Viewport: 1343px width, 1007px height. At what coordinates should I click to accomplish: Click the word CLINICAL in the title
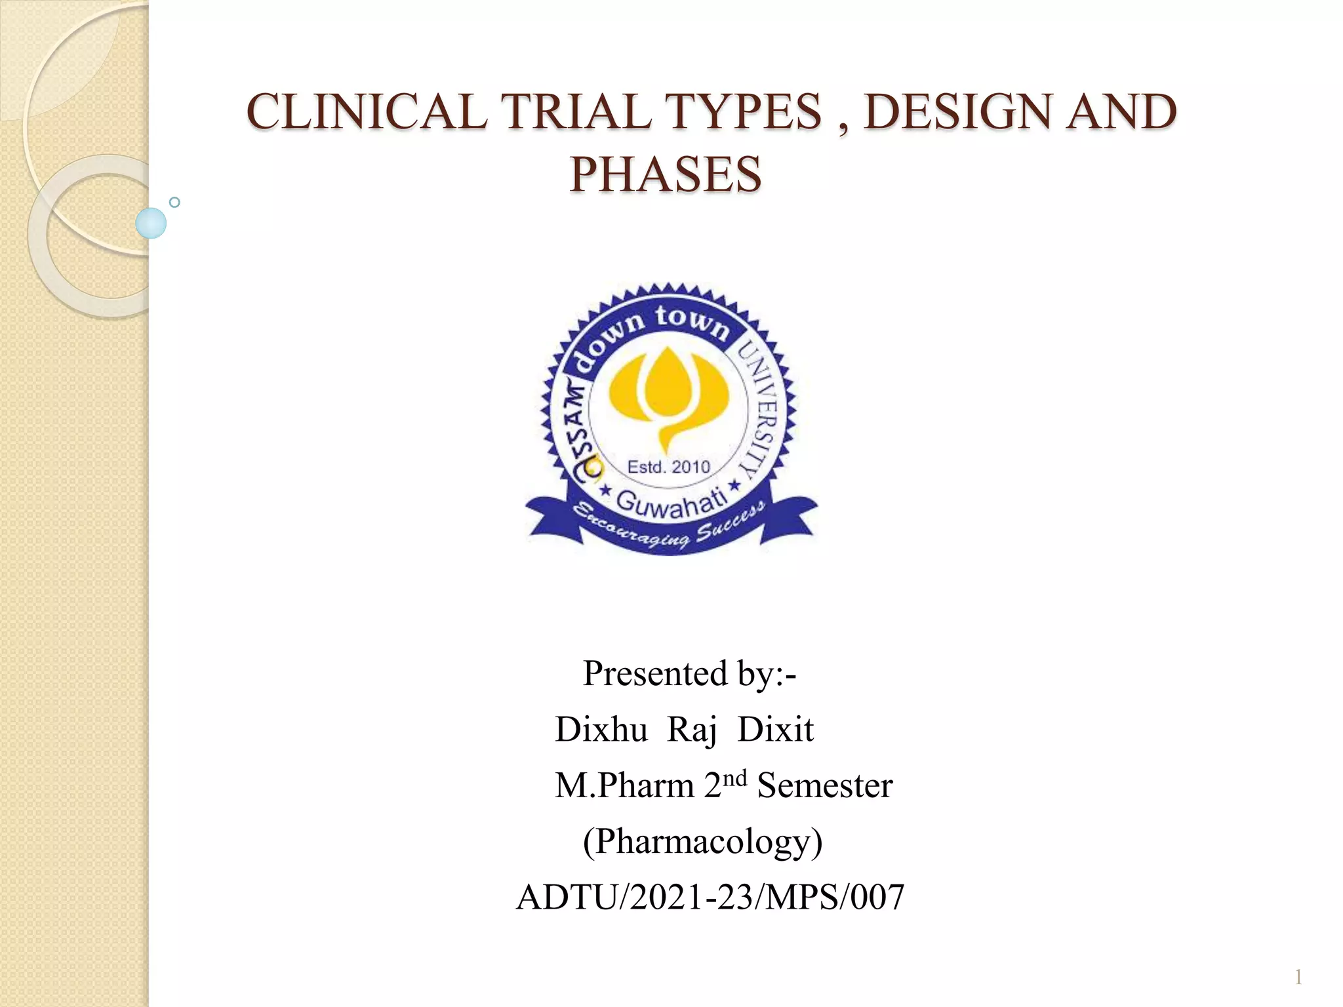(x=367, y=111)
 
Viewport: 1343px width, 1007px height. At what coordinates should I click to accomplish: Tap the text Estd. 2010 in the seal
(x=668, y=467)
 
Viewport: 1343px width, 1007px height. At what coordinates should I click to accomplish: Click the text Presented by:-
(x=689, y=673)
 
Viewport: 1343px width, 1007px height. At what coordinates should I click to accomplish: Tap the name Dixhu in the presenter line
(x=601, y=729)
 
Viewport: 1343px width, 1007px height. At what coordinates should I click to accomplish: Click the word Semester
(x=824, y=785)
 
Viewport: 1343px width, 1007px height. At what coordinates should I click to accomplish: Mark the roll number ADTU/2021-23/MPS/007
(x=710, y=897)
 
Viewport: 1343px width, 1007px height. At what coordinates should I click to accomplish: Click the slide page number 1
(x=1298, y=978)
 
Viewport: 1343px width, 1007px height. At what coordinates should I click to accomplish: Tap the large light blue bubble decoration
(x=151, y=223)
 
